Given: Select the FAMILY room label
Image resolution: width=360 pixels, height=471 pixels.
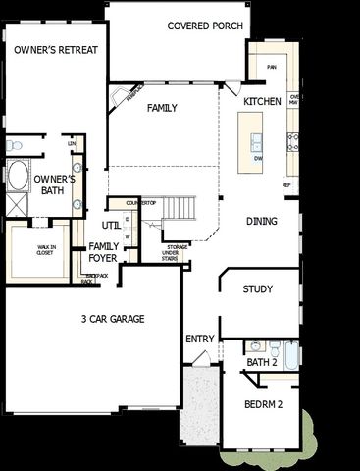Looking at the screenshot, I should (162, 107).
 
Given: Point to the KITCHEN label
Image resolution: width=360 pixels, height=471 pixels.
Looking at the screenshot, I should (262, 101).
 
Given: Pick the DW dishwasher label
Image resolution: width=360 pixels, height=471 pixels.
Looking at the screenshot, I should (258, 157).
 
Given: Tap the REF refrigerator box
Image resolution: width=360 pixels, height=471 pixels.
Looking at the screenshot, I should (287, 184).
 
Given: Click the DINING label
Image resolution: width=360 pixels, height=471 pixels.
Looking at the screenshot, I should (262, 222).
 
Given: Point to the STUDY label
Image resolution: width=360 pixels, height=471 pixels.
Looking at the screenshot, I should (257, 289).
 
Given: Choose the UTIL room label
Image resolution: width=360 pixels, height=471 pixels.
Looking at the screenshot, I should (110, 225).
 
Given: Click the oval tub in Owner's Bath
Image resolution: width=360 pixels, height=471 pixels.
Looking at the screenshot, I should (19, 180).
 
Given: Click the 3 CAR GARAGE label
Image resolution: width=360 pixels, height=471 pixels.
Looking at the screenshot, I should (113, 319).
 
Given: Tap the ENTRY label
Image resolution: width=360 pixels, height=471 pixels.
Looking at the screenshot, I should (199, 340).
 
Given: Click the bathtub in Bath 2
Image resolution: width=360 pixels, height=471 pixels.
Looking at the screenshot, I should (290, 350).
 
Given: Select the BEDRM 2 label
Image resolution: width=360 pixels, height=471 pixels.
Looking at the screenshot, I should (263, 405).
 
